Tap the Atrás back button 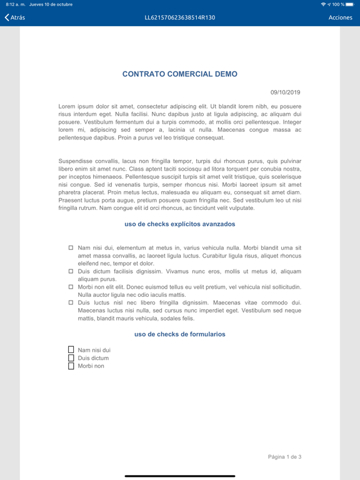[x=15, y=17]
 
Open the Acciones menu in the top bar [x=341, y=17]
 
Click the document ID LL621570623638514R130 [x=180, y=17]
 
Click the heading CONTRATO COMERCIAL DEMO [x=180, y=74]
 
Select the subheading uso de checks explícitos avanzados [x=180, y=224]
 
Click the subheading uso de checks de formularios [x=180, y=334]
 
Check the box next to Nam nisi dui [x=71, y=350]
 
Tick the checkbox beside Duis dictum [x=71, y=358]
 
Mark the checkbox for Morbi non [x=71, y=366]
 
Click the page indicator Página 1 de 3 [x=285, y=457]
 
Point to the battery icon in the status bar [x=350, y=4]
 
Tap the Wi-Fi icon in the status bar [x=323, y=4]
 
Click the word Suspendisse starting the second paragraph [x=76, y=161]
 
